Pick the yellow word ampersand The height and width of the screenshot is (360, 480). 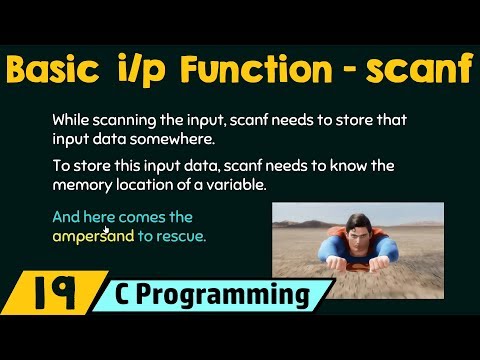[94, 237]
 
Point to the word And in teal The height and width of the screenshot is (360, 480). [67, 217]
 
